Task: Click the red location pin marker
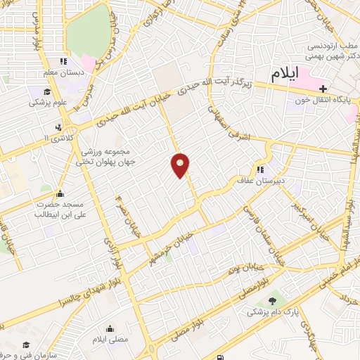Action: (181, 165)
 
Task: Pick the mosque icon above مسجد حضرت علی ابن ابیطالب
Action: (60, 193)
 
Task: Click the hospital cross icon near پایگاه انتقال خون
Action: (323, 89)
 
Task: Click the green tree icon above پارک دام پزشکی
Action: (272, 300)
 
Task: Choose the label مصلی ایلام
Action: (110, 340)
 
